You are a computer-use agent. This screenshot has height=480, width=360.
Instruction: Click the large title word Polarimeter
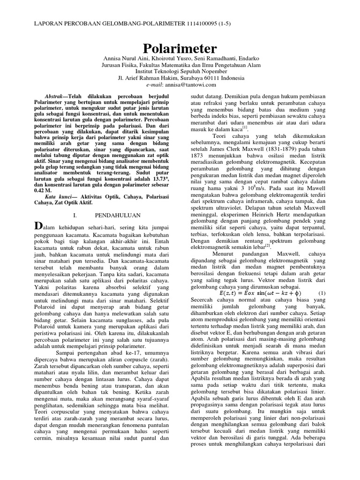[x=180, y=48]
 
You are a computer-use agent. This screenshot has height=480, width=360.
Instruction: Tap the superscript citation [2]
[x=268, y=245]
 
